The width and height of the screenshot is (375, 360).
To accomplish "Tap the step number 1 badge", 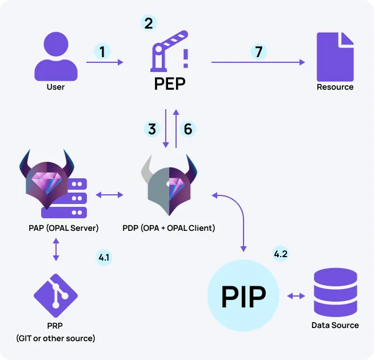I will point(102,52).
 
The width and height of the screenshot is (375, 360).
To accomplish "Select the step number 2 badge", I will point(149,23).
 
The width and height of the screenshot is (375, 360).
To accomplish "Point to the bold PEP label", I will point(170,84).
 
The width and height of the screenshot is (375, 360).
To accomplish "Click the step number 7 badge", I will point(259,52).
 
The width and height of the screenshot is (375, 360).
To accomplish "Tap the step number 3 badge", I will point(152,129).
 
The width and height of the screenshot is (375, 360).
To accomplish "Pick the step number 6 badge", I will point(187,129).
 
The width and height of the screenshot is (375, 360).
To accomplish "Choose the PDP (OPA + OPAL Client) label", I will point(169,228).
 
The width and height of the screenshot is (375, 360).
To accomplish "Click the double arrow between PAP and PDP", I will point(109,195).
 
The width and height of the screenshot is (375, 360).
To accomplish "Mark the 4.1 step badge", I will point(104,258).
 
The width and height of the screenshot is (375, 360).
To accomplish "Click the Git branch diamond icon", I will point(55,296).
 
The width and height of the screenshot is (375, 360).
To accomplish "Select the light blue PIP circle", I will point(244,296).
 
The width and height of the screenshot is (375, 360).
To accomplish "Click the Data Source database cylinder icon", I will point(335,294).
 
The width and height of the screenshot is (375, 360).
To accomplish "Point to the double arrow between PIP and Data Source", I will point(296,296).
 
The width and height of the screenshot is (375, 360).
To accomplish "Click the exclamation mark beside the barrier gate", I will point(185,58).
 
